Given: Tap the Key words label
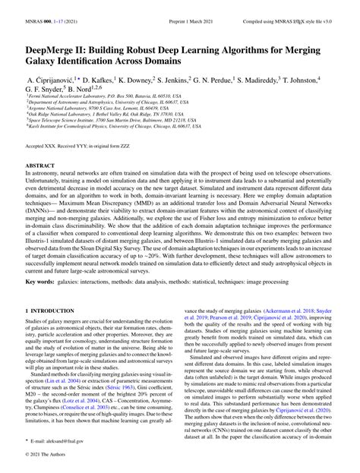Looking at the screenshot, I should [x=44, y=280].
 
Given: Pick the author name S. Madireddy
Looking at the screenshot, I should [x=264, y=79].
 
